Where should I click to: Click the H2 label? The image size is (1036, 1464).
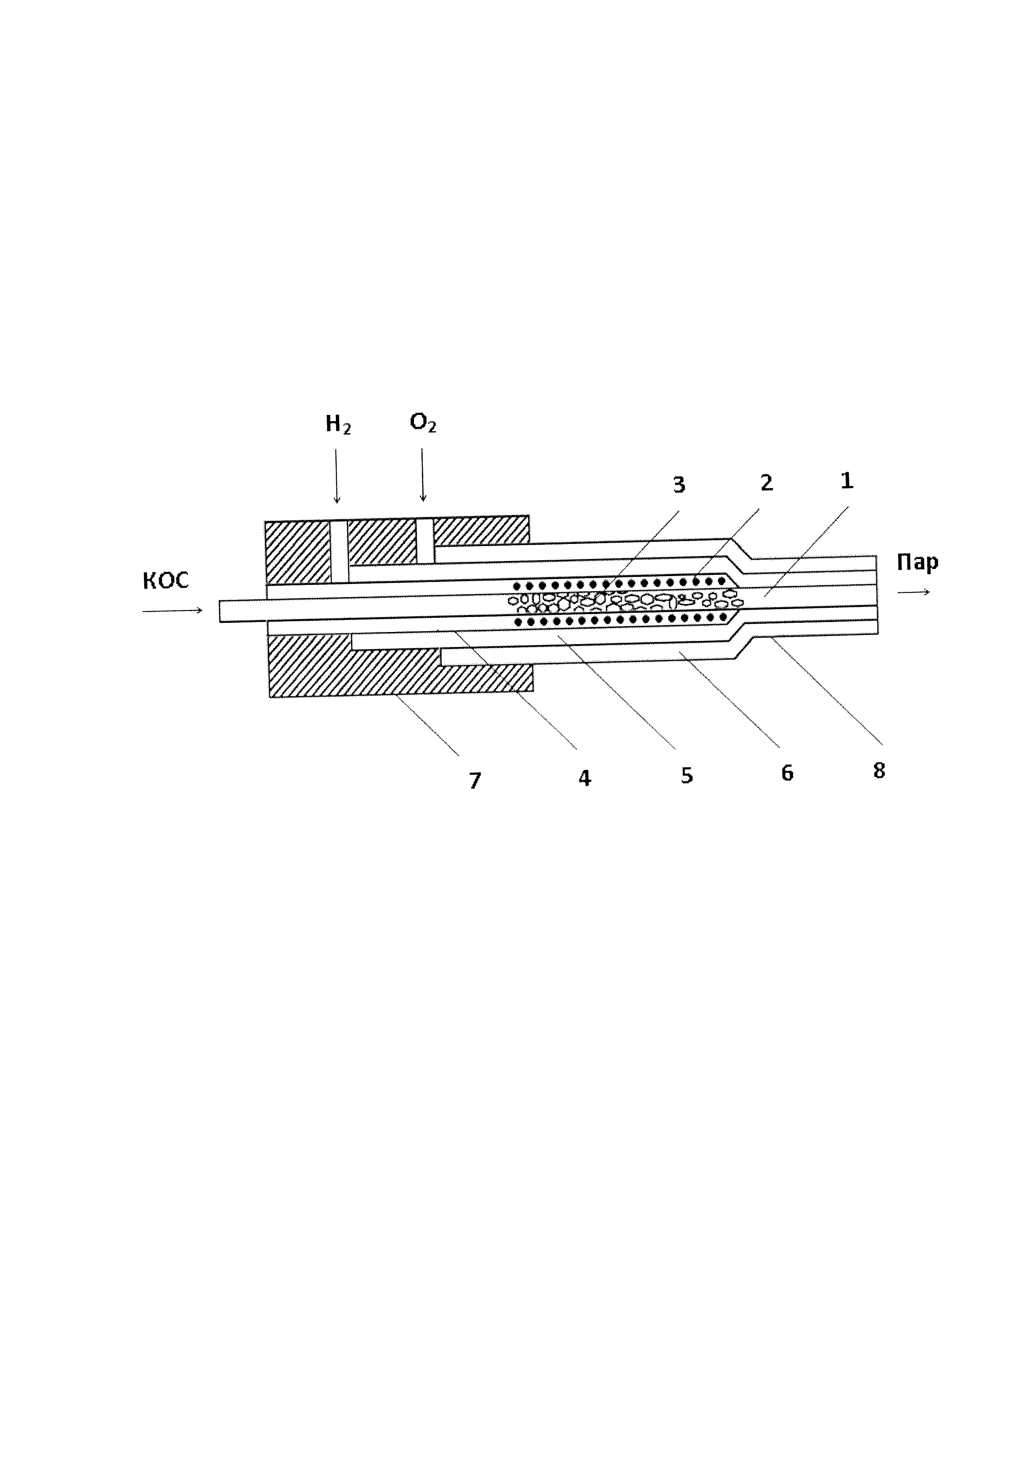pyautogui.click(x=338, y=425)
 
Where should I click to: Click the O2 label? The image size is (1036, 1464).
pyautogui.click(x=423, y=422)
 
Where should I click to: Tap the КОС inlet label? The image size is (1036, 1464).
pyautogui.click(x=166, y=581)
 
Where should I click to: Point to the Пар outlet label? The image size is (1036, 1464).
pyautogui.click(x=917, y=562)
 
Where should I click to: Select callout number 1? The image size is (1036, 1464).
pyautogui.click(x=846, y=481)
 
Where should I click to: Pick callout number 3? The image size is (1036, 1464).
pyautogui.click(x=679, y=485)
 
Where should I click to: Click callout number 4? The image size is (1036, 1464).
pyautogui.click(x=584, y=778)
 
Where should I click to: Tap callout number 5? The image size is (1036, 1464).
pyautogui.click(x=686, y=775)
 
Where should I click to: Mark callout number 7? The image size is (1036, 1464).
pyautogui.click(x=475, y=781)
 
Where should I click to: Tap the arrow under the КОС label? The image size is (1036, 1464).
pyautogui.click(x=172, y=611)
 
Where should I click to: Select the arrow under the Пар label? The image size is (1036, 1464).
pyautogui.click(x=914, y=592)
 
